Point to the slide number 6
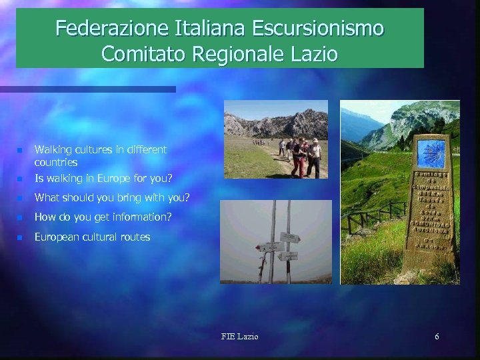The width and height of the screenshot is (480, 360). click(437, 337)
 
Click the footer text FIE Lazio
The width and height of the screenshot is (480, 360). click(239, 337)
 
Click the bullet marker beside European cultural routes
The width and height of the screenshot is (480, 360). click(20, 237)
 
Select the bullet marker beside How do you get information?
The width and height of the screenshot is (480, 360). click(20, 217)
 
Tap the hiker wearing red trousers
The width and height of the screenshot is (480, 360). click(299, 157)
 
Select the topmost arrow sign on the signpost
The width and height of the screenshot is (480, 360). click(290, 237)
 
